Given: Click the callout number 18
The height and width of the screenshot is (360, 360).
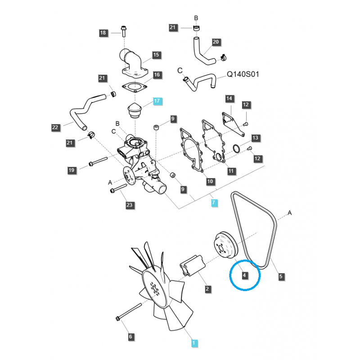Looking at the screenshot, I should click(x=103, y=33).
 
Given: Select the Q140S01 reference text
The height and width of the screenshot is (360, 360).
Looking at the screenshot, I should click(x=243, y=74).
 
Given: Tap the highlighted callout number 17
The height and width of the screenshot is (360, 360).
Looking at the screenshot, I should click(x=157, y=101).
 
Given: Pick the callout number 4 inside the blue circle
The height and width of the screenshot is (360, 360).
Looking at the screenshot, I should click(x=245, y=275).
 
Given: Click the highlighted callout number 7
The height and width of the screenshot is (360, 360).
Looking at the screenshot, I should click(x=214, y=203).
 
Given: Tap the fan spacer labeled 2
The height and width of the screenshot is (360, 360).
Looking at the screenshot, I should click(x=192, y=265).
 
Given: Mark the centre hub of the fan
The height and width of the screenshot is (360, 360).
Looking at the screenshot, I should click(x=155, y=287).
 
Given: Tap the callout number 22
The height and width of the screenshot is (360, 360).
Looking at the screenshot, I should click(x=55, y=128).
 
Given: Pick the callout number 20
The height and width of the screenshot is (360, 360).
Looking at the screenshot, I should click(x=216, y=42).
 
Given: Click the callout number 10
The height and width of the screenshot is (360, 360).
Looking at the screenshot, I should click(x=210, y=182).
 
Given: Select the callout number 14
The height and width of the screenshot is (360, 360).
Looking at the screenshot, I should click(x=229, y=99).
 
